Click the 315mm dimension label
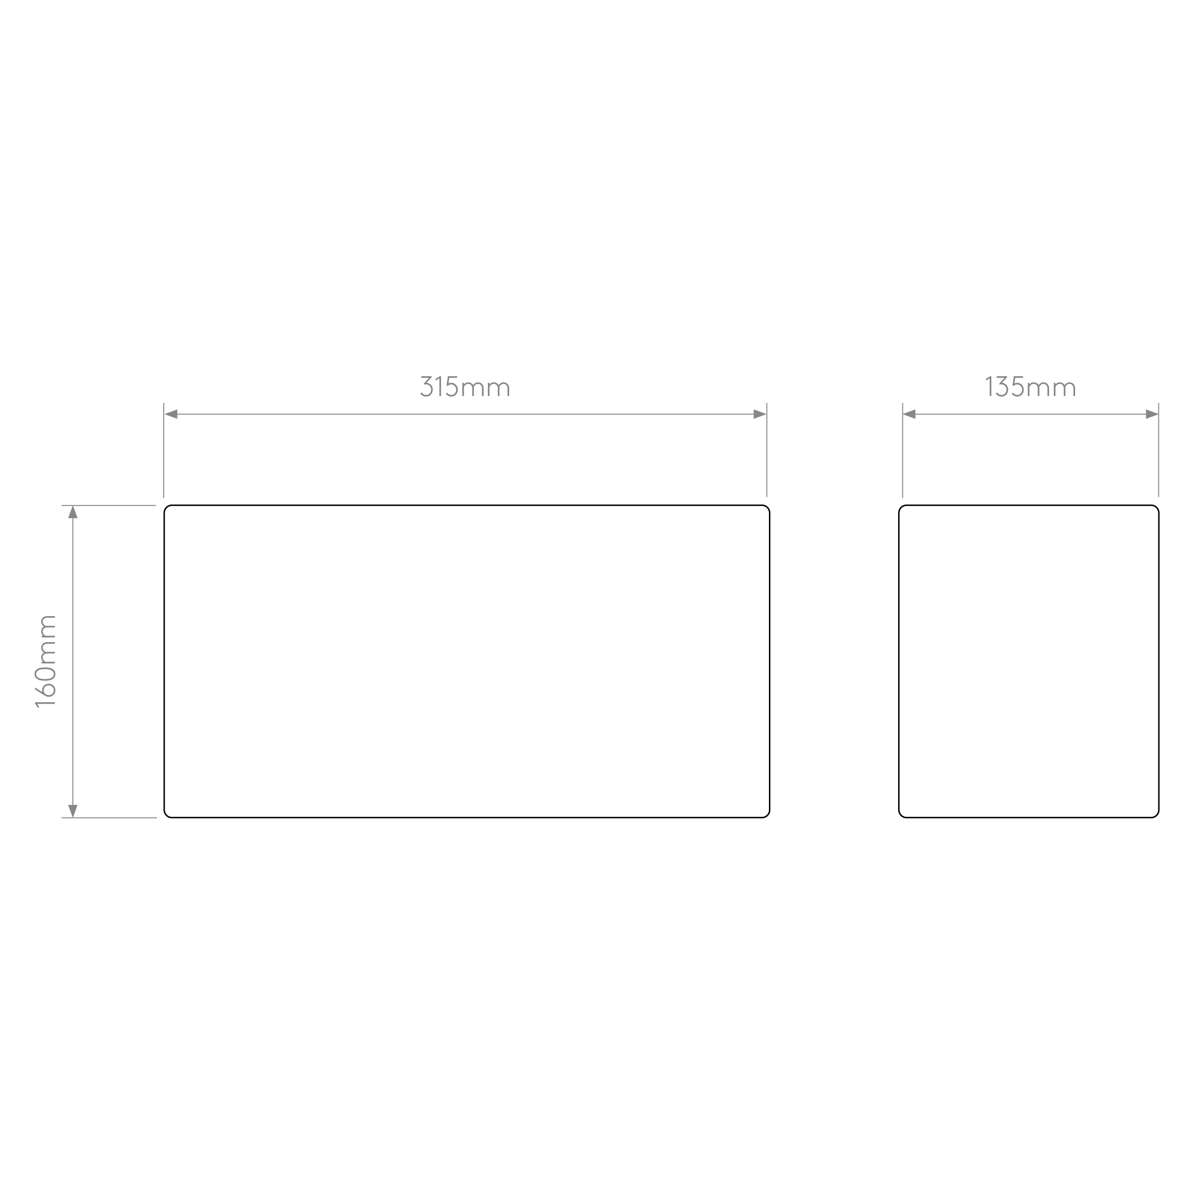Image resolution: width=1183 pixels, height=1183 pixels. (465, 387)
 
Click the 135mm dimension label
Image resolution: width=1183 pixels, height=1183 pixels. (1031, 387)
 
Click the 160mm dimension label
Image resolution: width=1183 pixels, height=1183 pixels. (46, 662)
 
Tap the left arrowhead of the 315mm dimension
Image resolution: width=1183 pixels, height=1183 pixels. (171, 415)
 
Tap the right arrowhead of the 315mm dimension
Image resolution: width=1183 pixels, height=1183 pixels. (760, 415)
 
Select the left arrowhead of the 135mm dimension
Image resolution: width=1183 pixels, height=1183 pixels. (909, 415)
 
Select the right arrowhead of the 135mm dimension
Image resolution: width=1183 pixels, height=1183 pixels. (1152, 415)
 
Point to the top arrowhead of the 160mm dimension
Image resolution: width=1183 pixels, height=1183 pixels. (73, 512)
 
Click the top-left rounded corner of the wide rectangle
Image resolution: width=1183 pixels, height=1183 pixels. (167, 508)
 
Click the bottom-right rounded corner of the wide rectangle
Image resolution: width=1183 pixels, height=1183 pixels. (767, 815)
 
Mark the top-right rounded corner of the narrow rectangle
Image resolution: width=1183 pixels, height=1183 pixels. (1156, 508)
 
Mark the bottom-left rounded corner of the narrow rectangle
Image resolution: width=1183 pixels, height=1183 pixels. (901, 815)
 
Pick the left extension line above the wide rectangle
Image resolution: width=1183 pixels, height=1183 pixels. (163, 450)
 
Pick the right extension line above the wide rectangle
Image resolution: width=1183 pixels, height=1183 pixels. (767, 450)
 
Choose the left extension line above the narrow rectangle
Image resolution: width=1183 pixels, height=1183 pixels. (902, 450)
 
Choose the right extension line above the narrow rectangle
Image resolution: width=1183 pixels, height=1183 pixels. (1158, 450)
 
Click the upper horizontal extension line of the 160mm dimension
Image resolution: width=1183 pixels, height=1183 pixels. (108, 505)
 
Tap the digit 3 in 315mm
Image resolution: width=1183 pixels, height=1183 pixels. (426, 387)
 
